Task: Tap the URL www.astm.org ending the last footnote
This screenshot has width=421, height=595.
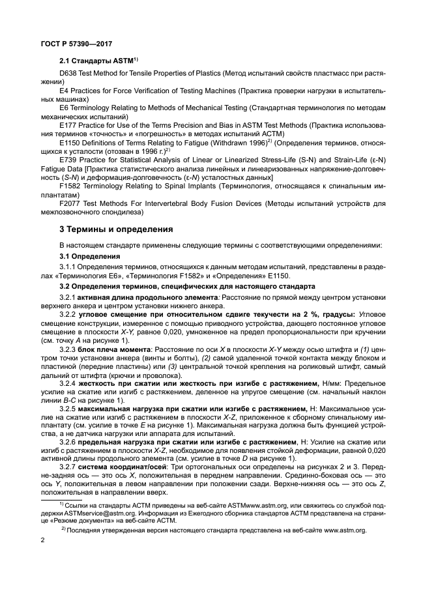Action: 346,530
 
